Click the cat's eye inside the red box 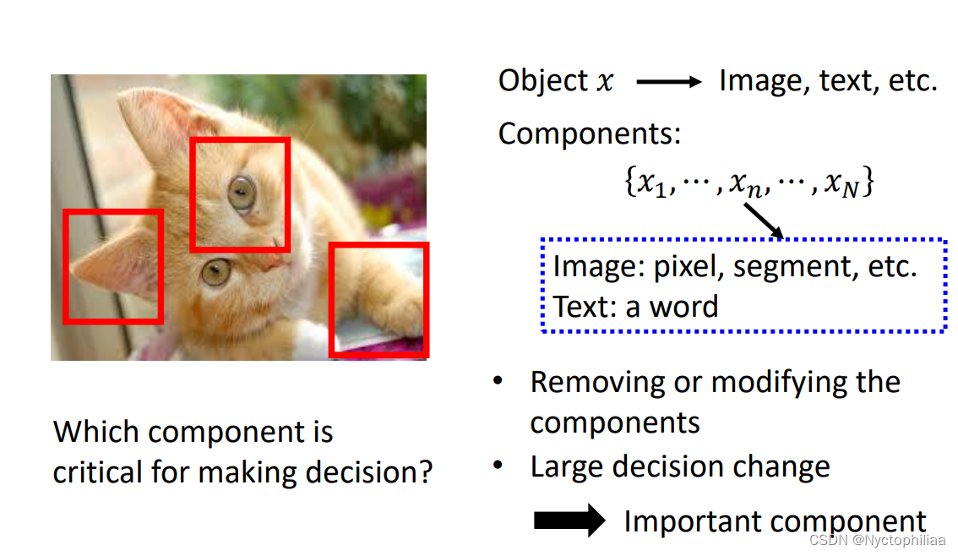(x=242, y=194)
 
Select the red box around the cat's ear (x=113, y=266)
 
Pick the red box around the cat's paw (x=378, y=299)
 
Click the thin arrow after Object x (x=668, y=82)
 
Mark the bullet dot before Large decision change (x=499, y=466)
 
